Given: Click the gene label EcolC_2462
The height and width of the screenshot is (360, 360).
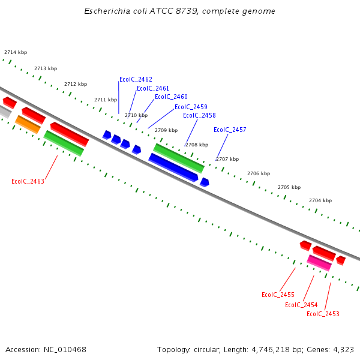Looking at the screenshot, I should click(136, 79).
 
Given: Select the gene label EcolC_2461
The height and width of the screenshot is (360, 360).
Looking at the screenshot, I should click(153, 88).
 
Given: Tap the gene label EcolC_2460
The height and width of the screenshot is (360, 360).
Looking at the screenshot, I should click(171, 97).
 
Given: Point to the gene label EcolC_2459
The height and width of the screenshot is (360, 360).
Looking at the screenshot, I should click(191, 107).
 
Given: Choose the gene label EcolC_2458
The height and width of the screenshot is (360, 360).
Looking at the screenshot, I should click(199, 115).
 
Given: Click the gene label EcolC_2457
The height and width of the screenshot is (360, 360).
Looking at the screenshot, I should click(230, 130).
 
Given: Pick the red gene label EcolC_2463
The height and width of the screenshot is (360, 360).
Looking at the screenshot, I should click(28, 181).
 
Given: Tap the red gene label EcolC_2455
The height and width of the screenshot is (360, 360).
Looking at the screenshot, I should click(278, 295).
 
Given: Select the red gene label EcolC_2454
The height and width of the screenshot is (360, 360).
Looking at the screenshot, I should click(301, 305).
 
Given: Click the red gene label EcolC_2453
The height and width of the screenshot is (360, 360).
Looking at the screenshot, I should click(323, 314).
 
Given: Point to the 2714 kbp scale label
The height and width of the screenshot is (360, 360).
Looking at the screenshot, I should click(16, 53).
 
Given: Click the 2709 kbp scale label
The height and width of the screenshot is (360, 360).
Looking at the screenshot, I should click(166, 130).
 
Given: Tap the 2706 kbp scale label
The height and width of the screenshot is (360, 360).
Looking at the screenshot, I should click(259, 173).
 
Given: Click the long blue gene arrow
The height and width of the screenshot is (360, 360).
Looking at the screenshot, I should click(173, 167).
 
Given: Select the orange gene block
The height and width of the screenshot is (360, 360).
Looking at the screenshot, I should click(28, 124).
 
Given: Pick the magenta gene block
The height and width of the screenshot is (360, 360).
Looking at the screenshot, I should click(319, 262).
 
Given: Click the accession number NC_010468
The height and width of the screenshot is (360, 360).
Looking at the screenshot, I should click(64, 349).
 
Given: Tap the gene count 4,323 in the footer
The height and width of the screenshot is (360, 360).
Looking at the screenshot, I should click(343, 349).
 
